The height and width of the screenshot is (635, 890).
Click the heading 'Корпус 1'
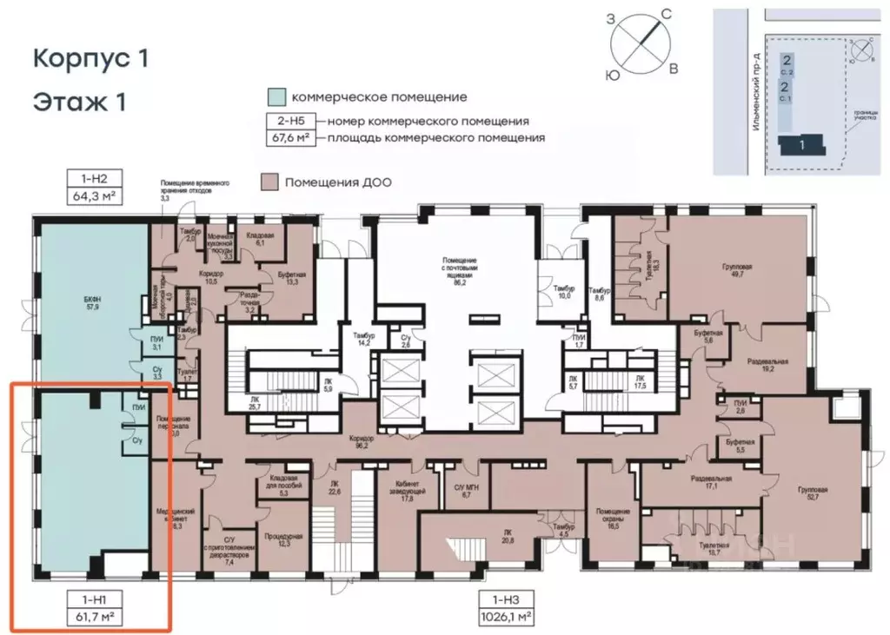click(x=91, y=58)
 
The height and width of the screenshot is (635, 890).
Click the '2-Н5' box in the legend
click(x=289, y=121)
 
